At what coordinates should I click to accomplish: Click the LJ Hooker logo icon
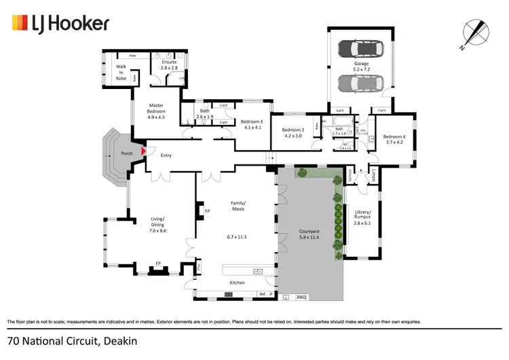click(18, 24)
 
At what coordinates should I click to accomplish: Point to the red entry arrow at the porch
click(143, 152)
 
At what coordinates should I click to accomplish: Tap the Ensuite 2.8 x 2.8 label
click(169, 65)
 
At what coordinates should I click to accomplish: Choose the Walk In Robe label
click(121, 72)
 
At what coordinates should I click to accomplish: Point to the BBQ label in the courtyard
click(302, 298)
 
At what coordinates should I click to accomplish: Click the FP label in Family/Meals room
click(207, 213)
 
